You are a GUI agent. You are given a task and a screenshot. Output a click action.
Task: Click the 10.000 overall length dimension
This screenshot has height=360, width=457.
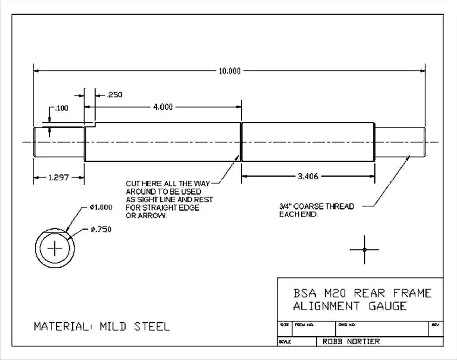coord(229,71)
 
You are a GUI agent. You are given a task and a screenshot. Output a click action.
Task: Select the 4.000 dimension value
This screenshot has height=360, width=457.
coord(163,107)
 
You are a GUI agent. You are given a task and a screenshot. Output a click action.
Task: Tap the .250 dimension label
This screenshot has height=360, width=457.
coord(114,95)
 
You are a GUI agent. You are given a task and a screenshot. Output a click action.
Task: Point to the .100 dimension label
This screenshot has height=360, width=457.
coord(61,108)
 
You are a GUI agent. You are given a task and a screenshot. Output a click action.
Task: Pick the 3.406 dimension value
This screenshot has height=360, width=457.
coord(308,176)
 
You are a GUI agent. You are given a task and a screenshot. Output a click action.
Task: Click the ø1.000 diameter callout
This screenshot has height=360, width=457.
coord(101,207)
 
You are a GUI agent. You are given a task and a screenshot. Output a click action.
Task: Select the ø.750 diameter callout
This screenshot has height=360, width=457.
coord(101,229)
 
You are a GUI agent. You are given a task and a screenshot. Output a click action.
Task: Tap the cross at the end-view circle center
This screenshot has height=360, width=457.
coord(56,249)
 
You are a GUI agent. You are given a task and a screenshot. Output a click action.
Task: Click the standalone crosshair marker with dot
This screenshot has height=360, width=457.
coord(364,249)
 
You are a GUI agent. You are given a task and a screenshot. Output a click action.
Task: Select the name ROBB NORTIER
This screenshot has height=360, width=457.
coord(351,341)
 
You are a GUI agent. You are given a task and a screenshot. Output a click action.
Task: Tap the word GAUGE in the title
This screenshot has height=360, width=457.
coord(388,306)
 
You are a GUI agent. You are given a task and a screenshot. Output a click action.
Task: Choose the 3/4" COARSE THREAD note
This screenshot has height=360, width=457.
coord(317,206)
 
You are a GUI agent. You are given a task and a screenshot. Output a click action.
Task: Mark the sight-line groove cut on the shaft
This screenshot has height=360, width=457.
coord(241,142)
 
